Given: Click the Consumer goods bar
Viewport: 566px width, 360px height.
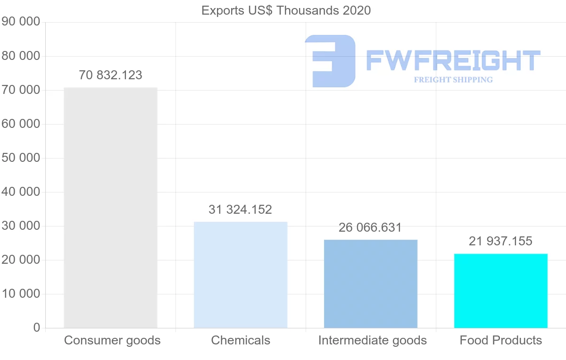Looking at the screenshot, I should click(110, 208).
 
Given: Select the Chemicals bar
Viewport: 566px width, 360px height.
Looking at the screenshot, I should click(241, 275).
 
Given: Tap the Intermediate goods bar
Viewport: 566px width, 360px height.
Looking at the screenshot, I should click(371, 284).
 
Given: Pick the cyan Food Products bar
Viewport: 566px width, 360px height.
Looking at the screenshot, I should click(501, 291).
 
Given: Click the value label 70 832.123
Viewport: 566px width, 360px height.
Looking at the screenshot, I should click(110, 75).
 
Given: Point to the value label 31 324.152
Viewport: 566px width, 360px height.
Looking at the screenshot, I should click(241, 209).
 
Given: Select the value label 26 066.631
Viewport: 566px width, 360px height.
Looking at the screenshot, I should click(370, 227).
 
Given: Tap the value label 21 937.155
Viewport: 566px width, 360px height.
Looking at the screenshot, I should click(500, 241).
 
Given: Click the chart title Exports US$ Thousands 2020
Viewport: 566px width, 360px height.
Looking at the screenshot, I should click(286, 10).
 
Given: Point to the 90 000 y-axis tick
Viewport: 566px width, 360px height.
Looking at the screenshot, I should click(21, 22).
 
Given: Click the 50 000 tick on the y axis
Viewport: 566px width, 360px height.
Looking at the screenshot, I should click(21, 158).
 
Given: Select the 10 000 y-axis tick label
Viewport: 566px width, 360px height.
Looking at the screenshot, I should click(21, 294).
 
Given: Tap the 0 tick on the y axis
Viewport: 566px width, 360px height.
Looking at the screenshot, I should click(37, 328).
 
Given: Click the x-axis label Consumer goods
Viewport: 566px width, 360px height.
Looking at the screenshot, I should click(112, 340).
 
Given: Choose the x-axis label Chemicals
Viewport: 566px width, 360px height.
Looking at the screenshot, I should click(241, 340).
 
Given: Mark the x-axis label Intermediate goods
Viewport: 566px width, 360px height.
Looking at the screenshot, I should click(372, 340).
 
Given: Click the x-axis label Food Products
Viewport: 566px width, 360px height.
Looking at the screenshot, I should click(501, 340).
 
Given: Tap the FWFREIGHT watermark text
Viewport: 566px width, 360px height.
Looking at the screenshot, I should click(453, 60).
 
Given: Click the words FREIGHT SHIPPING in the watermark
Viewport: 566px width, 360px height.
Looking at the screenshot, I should click(453, 80).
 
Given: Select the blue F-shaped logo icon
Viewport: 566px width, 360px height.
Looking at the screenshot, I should click(330, 61).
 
